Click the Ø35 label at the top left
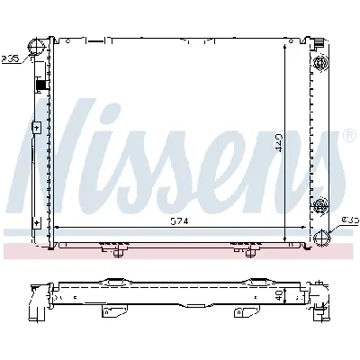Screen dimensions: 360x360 click(11, 61)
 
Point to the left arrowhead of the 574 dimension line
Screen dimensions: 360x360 click(58, 225)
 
